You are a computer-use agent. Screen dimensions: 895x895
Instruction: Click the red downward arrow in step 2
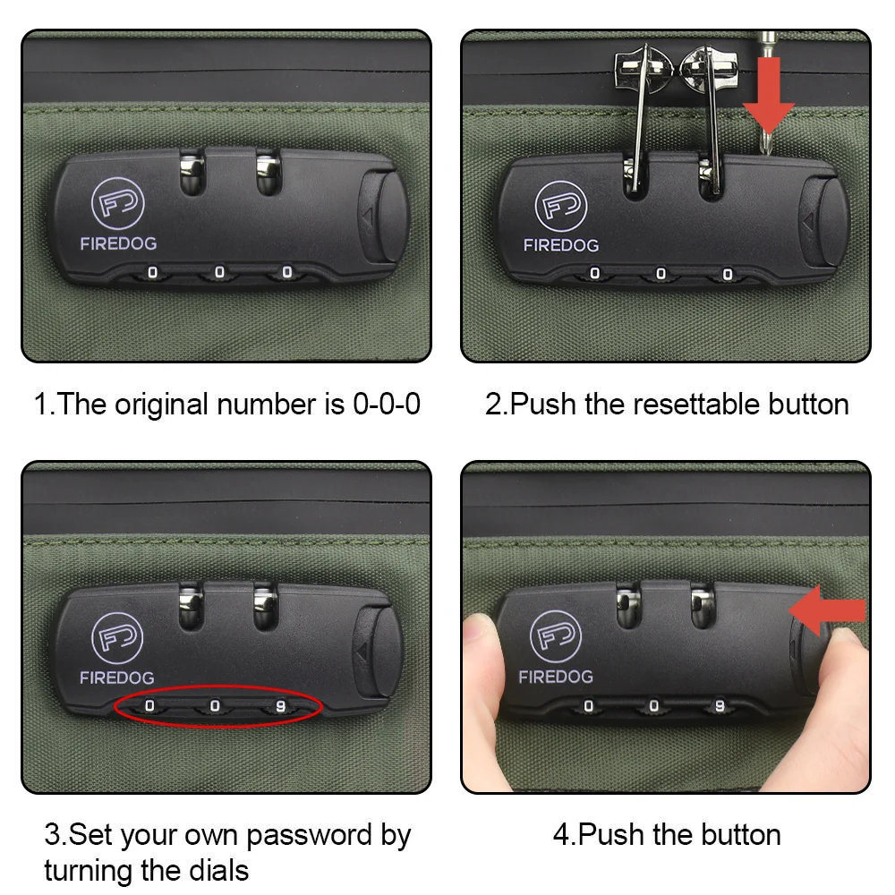click(x=768, y=95)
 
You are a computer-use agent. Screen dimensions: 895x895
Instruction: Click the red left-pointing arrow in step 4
click(x=827, y=610)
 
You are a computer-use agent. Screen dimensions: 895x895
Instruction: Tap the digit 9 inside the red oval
click(x=280, y=707)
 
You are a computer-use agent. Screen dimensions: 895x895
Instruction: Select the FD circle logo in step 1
click(x=117, y=203)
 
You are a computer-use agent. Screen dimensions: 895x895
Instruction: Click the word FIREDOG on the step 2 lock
click(x=561, y=245)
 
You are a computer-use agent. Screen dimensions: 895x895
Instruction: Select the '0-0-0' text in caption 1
click(x=387, y=405)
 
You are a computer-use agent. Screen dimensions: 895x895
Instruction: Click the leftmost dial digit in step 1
click(x=152, y=273)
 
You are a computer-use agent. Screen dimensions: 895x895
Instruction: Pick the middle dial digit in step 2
click(x=661, y=274)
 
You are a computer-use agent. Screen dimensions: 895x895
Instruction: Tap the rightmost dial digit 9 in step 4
click(x=720, y=707)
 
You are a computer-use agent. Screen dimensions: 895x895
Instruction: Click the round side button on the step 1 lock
click(x=384, y=217)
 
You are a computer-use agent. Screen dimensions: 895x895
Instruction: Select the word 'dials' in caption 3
click(x=218, y=871)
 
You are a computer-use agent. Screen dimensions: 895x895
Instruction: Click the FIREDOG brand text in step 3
click(x=117, y=678)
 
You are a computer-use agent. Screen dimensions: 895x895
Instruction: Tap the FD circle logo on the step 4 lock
click(x=556, y=636)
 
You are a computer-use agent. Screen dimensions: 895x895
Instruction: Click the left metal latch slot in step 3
click(x=192, y=607)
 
